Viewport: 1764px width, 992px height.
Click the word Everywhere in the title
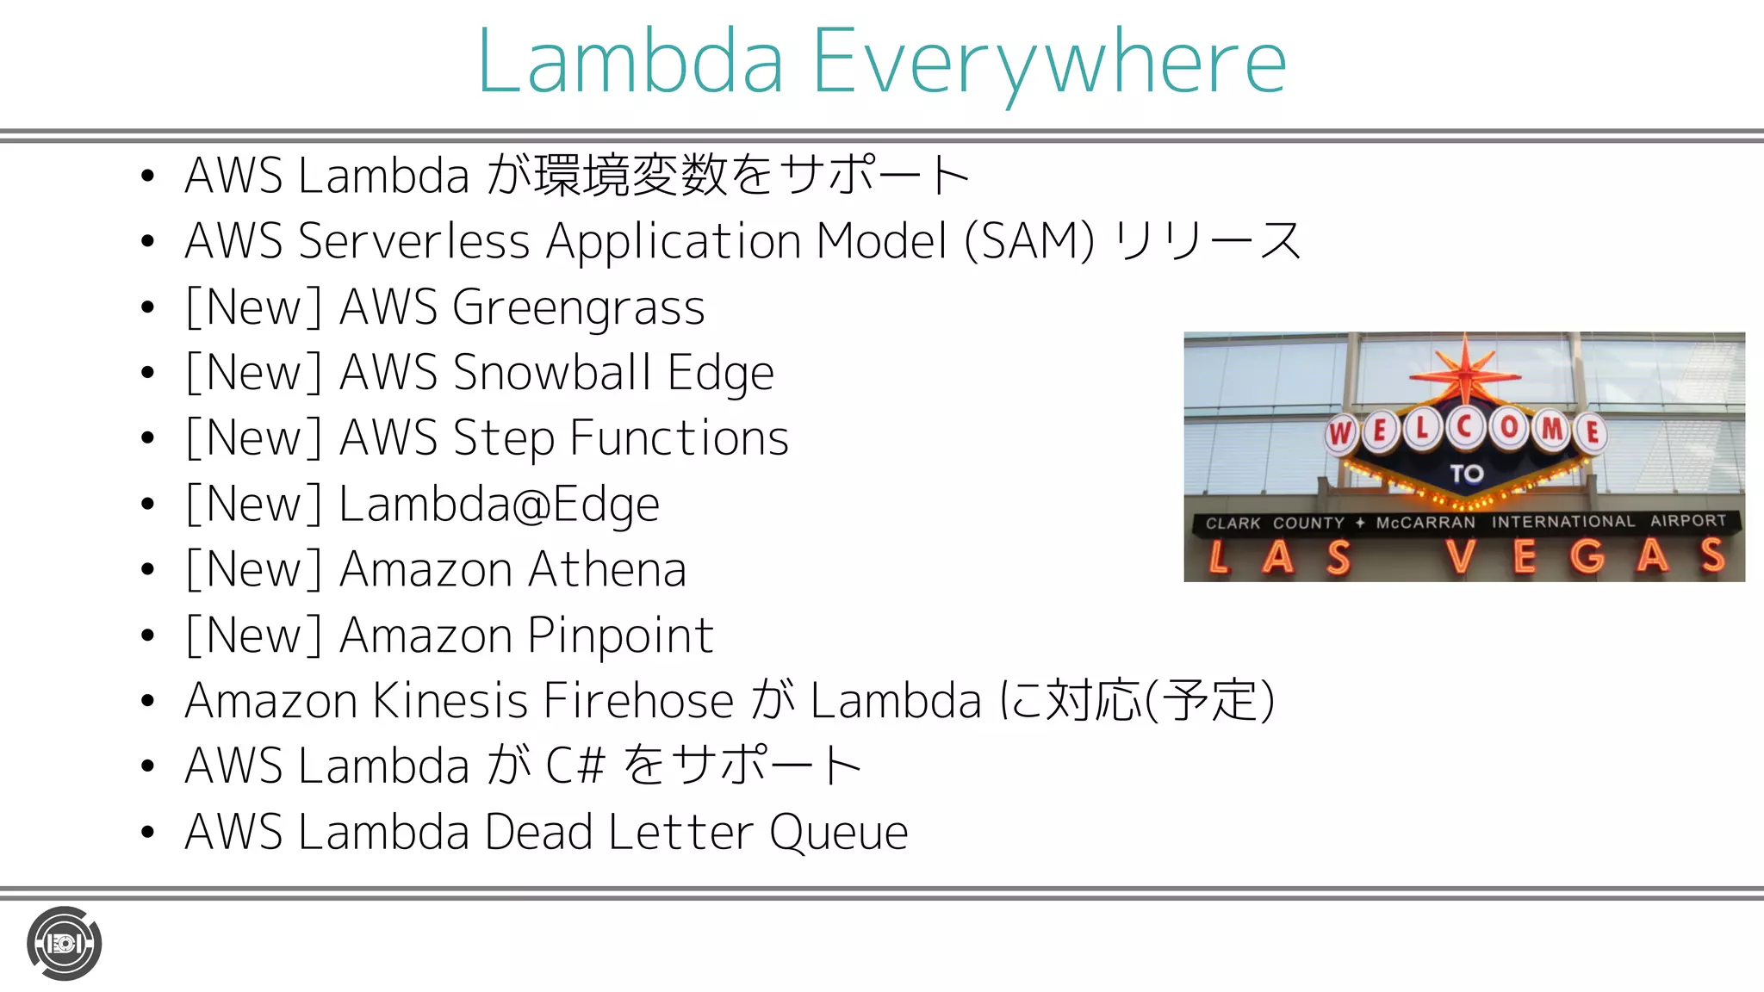click(x=1049, y=62)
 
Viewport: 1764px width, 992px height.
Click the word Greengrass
click(x=578, y=308)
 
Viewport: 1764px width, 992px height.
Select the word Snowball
click(x=552, y=373)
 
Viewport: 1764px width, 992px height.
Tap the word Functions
click(x=679, y=438)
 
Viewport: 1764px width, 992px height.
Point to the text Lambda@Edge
click(x=499, y=505)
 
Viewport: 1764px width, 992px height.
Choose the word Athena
click(x=607, y=570)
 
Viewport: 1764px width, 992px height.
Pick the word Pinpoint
click(x=620, y=635)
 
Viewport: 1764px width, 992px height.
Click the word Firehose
click(x=638, y=701)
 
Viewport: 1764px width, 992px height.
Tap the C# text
click(x=575, y=766)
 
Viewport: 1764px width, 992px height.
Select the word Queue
click(x=838, y=833)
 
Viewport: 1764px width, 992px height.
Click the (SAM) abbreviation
click(x=1029, y=241)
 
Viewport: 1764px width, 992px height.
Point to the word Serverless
click(x=413, y=241)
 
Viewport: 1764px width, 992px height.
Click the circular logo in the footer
click(x=64, y=944)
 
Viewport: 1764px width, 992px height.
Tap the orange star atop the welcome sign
click(x=1465, y=370)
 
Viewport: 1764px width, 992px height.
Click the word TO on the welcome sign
click(x=1466, y=474)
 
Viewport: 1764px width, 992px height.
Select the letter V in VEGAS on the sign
click(x=1462, y=556)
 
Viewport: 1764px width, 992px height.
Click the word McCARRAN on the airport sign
click(x=1425, y=523)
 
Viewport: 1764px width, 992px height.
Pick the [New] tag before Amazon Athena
click(x=253, y=570)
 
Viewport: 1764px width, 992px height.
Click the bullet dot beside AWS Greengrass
click(x=147, y=307)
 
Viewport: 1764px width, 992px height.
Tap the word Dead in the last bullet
click(x=537, y=833)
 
